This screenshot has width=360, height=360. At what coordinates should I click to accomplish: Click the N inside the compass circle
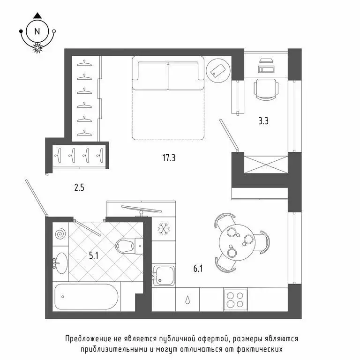37,31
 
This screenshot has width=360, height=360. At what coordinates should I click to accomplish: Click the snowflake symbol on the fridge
164,229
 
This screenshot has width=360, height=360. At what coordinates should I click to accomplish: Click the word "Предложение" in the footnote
88,338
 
